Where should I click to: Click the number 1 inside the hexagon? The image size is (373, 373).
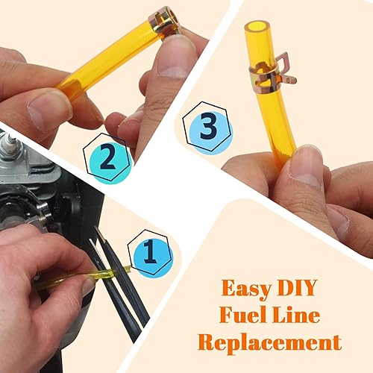click(150, 254)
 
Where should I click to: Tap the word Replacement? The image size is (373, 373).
click(270, 342)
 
